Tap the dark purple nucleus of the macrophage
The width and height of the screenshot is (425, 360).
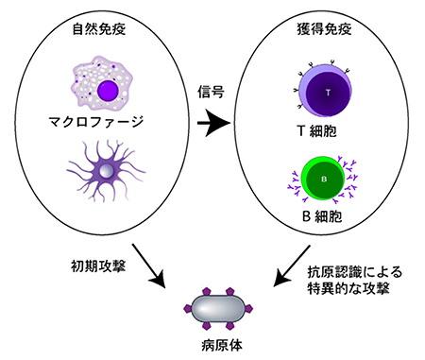click(x=108, y=93)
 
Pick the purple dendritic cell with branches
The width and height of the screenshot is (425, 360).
click(x=106, y=171)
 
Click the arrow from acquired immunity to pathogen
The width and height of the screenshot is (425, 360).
click(x=289, y=267)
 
